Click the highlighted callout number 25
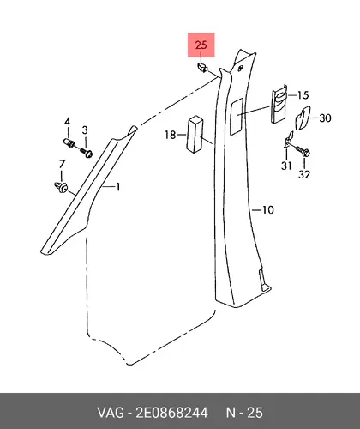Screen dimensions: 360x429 201,45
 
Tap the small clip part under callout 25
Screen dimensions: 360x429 202,68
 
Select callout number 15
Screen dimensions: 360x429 303,95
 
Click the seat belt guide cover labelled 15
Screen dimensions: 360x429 279,104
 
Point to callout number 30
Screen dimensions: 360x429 325,118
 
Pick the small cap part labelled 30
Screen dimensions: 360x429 303,118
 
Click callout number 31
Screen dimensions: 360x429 286,166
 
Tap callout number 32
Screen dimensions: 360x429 304,174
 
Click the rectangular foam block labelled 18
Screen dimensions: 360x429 195,134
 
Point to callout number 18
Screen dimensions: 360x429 171,134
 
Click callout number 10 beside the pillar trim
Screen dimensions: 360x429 268,210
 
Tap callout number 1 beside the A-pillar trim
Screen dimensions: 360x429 117,187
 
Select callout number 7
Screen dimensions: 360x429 62,164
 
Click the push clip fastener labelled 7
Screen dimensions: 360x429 61,187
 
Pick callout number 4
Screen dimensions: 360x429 67,121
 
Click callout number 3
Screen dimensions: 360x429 85,130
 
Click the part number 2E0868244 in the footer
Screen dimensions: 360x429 171,413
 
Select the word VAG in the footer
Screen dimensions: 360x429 111,413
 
